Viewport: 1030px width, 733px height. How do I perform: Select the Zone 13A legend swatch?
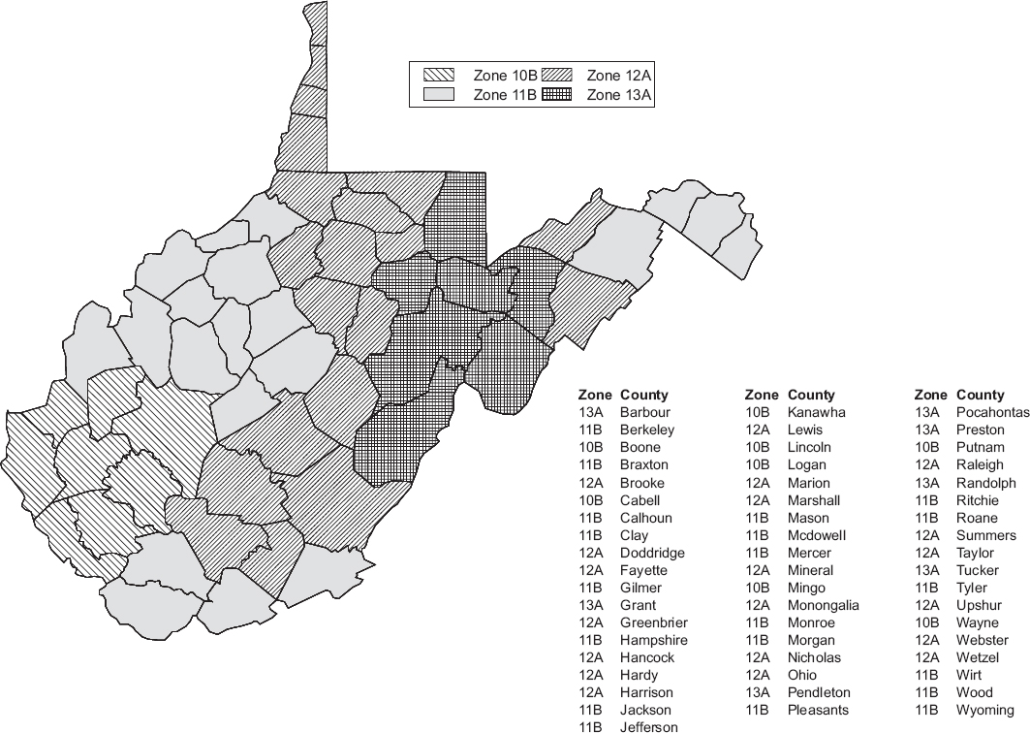pyautogui.click(x=556, y=94)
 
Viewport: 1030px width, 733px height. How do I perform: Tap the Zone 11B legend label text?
pyautogui.click(x=504, y=94)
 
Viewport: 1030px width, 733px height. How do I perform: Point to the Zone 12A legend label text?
pyautogui.click(x=619, y=75)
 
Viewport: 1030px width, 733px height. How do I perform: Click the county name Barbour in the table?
pyautogui.click(x=644, y=412)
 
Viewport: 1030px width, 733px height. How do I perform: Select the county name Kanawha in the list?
pyautogui.click(x=816, y=412)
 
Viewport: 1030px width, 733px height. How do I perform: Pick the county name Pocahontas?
pyautogui.click(x=992, y=412)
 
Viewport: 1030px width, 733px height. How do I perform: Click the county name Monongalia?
pyautogui.click(x=823, y=605)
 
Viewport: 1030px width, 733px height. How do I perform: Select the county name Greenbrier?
pyautogui.click(x=652, y=622)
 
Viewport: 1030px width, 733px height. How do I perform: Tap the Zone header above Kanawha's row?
pyautogui.click(x=761, y=395)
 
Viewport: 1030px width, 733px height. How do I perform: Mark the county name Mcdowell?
pyautogui.click(x=817, y=534)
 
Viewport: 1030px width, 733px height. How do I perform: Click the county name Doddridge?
pyautogui.click(x=652, y=553)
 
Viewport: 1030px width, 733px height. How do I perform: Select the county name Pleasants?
pyautogui.click(x=818, y=710)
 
